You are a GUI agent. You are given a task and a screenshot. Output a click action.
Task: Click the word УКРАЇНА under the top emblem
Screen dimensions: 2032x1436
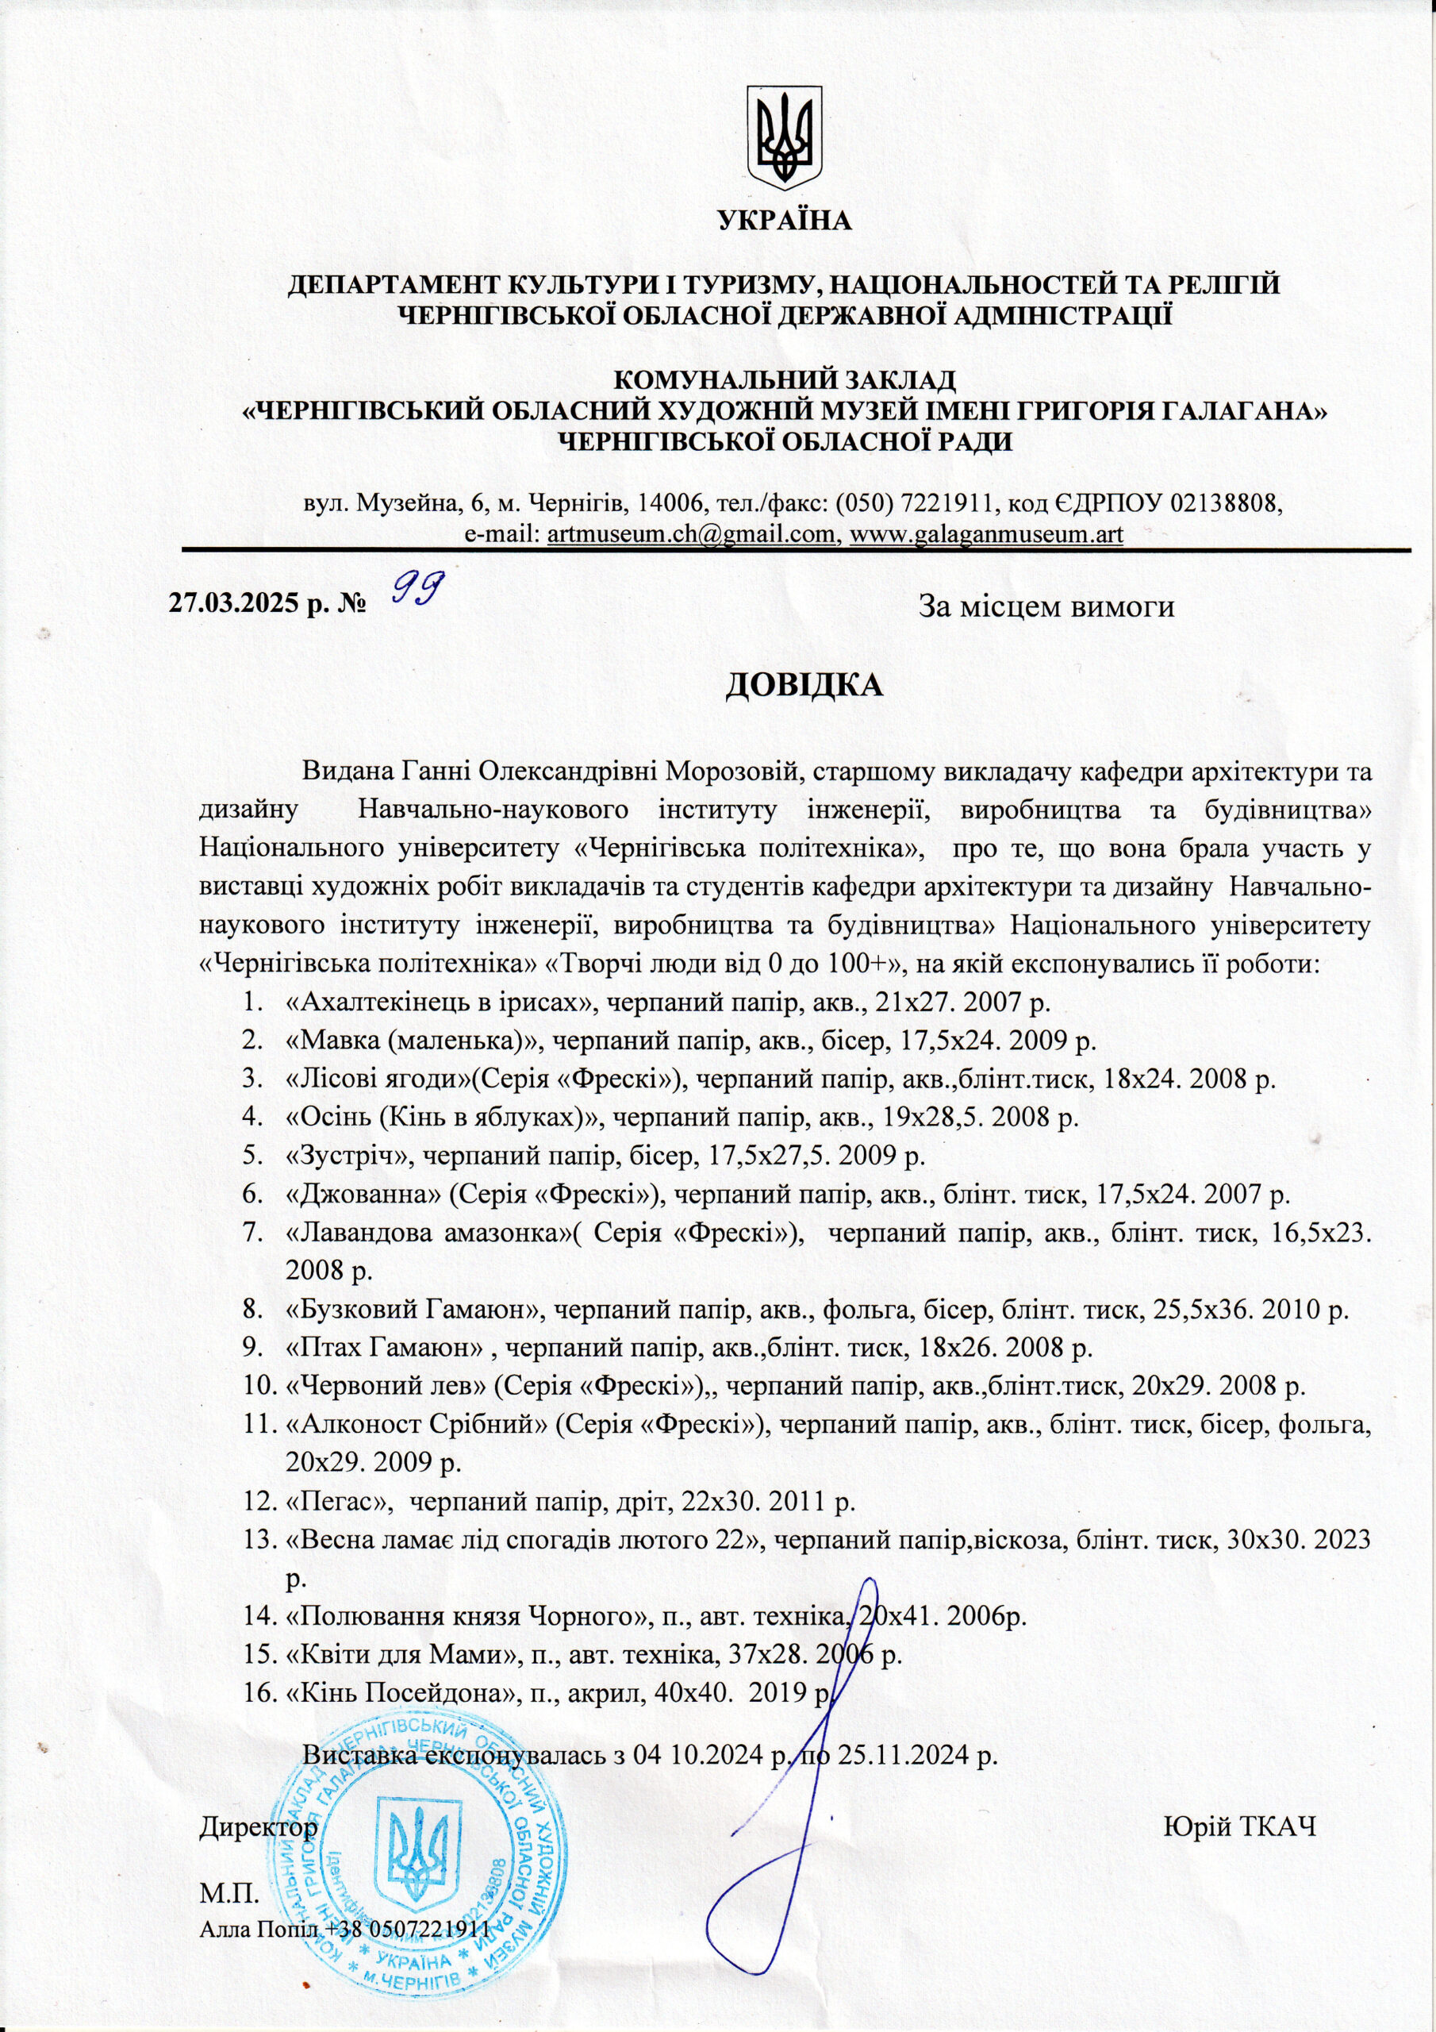tap(785, 221)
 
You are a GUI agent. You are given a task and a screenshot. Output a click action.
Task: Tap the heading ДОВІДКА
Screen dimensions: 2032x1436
tap(804, 686)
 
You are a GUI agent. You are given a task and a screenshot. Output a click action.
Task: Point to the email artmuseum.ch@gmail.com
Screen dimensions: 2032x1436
tap(693, 534)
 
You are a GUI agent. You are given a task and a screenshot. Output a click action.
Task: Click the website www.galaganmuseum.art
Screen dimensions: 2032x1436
tap(985, 534)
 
